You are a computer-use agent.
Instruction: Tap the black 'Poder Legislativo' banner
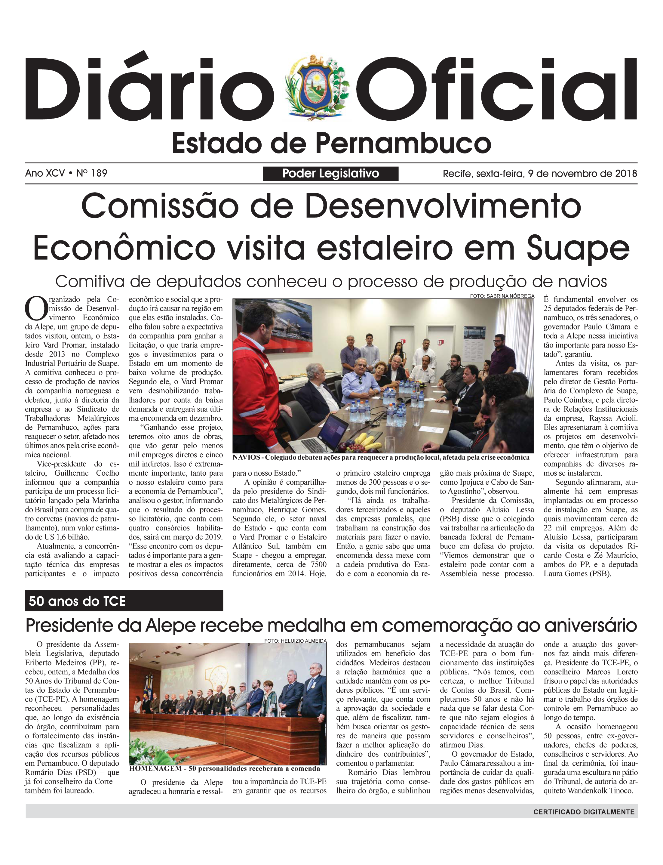pyautogui.click(x=330, y=174)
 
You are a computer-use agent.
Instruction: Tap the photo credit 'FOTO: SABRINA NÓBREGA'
pyautogui.click(x=502, y=296)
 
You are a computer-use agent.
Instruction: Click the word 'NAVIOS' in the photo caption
pyautogui.click(x=246, y=457)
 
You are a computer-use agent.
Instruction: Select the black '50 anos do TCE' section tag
pyautogui.click(x=124, y=601)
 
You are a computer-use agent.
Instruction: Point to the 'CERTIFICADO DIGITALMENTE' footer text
pyautogui.click(x=584, y=812)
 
